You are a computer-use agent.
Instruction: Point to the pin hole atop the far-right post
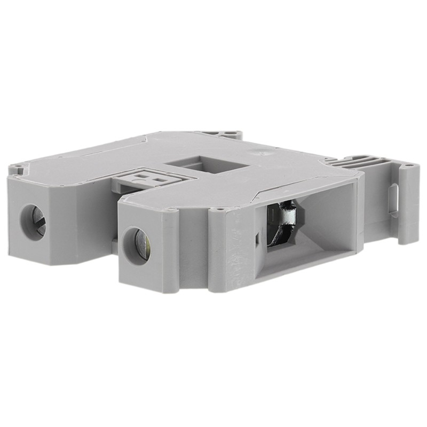click(409, 167)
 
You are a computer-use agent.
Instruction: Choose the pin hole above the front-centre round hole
click(171, 211)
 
